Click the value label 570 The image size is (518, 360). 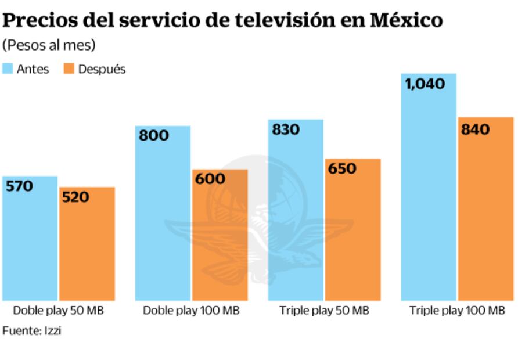point(19,186)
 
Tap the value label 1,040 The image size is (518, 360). point(425,84)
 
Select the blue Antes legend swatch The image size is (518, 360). point(8,69)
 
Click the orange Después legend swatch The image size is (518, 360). point(69,69)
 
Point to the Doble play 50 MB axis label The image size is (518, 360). point(58,311)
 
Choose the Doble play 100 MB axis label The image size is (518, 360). point(191,311)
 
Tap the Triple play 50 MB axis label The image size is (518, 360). point(324,311)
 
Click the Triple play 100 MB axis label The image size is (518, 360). point(457,311)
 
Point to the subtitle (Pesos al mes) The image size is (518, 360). point(41,45)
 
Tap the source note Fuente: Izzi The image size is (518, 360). point(32,330)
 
